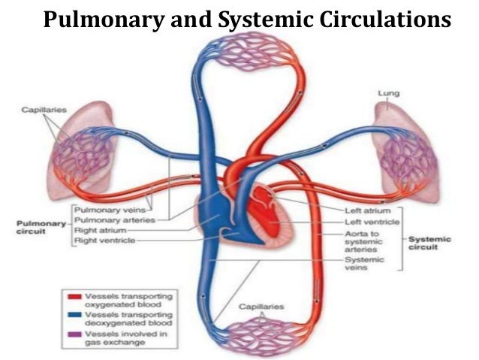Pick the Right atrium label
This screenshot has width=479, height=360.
pos(98,230)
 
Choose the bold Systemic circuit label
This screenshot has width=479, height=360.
pos(430,244)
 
